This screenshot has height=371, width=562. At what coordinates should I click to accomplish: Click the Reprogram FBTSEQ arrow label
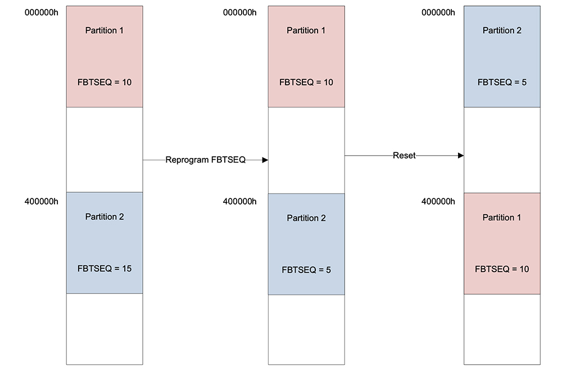pyautogui.click(x=206, y=160)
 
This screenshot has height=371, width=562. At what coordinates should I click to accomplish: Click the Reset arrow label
pyautogui.click(x=404, y=156)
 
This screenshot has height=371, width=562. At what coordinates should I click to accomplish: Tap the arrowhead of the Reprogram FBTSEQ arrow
pyautogui.click(x=265, y=160)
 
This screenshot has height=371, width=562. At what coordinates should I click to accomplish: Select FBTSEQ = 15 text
pyautogui.click(x=105, y=269)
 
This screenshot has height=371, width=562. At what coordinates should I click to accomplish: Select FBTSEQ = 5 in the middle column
pyautogui.click(x=306, y=270)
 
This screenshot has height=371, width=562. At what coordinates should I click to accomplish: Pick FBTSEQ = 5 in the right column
pyautogui.click(x=502, y=82)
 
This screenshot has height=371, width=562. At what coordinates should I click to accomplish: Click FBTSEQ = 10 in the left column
pyautogui.click(x=105, y=82)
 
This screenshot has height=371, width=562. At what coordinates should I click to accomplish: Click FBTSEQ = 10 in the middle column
pyautogui.click(x=306, y=82)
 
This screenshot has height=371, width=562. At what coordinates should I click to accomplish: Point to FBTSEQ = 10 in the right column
pyautogui.click(x=502, y=269)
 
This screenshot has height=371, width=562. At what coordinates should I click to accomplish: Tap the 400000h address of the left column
pyautogui.click(x=42, y=201)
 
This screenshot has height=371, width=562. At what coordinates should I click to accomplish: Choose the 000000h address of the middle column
pyautogui.click(x=240, y=13)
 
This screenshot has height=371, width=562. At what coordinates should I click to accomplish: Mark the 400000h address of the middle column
pyautogui.click(x=240, y=201)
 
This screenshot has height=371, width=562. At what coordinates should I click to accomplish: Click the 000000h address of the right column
pyautogui.click(x=438, y=13)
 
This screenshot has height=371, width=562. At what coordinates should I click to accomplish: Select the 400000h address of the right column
pyautogui.click(x=438, y=201)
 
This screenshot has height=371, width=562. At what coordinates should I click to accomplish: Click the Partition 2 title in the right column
pyautogui.click(x=502, y=30)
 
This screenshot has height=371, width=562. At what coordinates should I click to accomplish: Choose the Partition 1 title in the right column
pyautogui.click(x=502, y=218)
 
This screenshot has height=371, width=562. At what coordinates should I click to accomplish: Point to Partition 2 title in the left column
pyautogui.click(x=105, y=216)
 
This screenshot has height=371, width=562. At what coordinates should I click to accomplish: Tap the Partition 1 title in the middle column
pyautogui.click(x=306, y=30)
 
